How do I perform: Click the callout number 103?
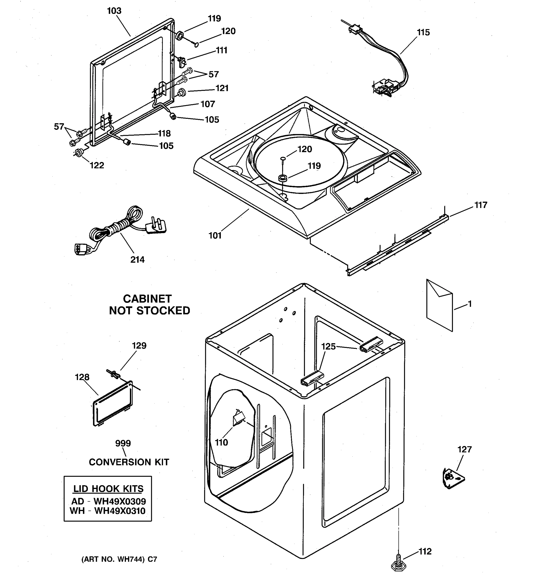coord(114,11)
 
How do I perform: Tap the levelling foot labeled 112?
coord(398,566)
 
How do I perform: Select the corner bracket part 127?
coord(452,478)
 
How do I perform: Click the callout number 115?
coord(423,32)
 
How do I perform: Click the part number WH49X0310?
coord(120,511)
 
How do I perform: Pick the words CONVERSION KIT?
coord(129,462)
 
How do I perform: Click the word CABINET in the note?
coord(147,299)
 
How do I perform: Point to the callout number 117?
coord(481,205)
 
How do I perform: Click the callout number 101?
coord(215,235)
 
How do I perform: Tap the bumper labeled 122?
coord(78,153)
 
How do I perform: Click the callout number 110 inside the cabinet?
coord(221,443)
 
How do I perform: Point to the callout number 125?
coord(328,347)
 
